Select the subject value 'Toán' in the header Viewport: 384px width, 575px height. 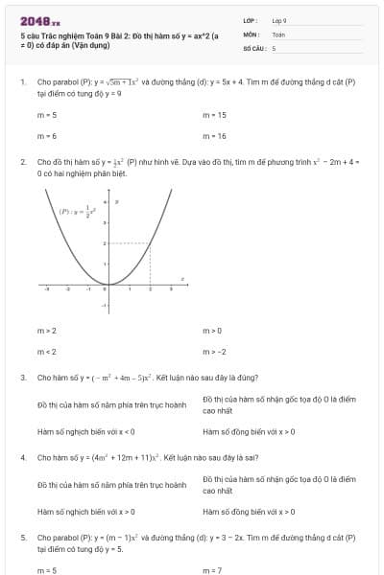[x=278, y=34]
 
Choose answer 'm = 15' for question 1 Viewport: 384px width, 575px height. [x=215, y=115]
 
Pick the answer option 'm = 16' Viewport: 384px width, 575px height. [x=215, y=136]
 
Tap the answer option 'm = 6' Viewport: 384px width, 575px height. [x=47, y=136]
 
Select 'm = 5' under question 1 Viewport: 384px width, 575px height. [x=47, y=115]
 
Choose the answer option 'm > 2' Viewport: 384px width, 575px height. [x=47, y=330]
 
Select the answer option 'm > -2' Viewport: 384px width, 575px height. [x=214, y=351]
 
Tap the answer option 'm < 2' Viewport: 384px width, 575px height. [x=47, y=351]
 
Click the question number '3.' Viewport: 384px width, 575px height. [x=23, y=378]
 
